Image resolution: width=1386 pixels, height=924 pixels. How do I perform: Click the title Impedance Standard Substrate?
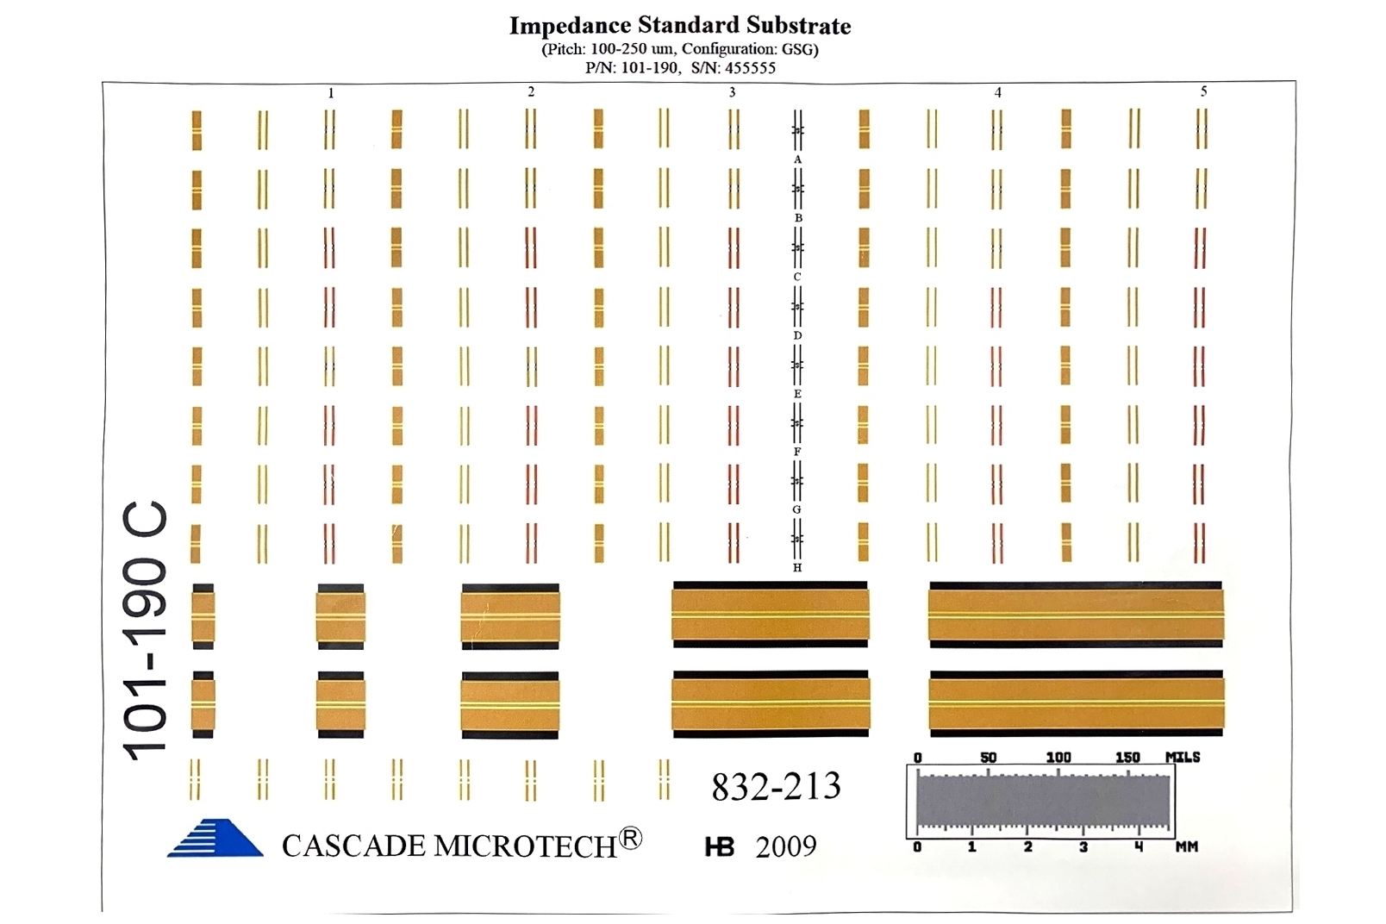click(679, 26)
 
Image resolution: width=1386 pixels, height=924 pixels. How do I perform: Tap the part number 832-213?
click(776, 786)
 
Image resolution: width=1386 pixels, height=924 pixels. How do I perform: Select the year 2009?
click(785, 847)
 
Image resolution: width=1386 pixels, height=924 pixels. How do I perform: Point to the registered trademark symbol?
click(631, 838)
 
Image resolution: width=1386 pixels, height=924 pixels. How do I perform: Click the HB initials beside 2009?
click(720, 848)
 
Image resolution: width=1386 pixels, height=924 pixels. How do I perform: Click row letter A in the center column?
click(797, 159)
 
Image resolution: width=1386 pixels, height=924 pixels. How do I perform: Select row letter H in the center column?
click(797, 568)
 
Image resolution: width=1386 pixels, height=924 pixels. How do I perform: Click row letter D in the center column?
click(797, 335)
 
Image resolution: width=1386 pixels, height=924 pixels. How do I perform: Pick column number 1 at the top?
click(331, 93)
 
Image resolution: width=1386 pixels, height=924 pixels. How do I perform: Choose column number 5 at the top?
click(1203, 91)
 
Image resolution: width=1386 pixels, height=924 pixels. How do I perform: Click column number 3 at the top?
click(733, 92)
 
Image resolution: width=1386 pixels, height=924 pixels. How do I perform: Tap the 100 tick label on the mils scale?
click(1058, 757)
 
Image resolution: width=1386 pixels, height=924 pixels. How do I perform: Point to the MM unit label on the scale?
click(1187, 847)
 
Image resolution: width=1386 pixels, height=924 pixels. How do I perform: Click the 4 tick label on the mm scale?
click(1139, 847)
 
